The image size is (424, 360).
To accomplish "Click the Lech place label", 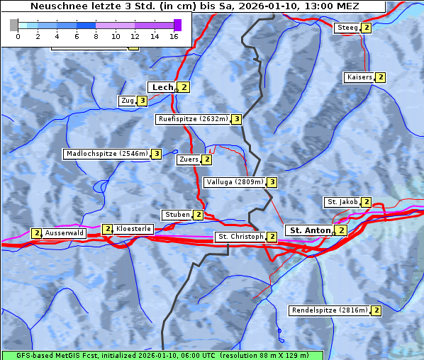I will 162,87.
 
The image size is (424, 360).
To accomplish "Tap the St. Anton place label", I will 310,230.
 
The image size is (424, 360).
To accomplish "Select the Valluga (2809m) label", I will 235,182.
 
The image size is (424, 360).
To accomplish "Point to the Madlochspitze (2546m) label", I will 106,154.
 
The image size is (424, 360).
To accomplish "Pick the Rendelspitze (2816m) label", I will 330,310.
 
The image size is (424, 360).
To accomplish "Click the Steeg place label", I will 347,28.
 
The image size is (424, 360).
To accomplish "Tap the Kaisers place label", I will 359,77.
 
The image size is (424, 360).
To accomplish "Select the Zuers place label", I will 188,159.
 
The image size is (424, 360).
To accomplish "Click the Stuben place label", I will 177,215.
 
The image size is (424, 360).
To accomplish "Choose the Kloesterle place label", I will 133,229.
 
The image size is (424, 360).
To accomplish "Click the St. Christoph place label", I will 240,237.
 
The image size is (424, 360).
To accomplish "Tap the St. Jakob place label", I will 342,202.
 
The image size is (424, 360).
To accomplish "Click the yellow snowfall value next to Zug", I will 142,101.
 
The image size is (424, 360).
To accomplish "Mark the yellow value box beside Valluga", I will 272,182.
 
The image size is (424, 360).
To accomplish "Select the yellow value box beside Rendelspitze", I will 376,310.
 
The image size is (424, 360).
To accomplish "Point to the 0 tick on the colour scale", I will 18,36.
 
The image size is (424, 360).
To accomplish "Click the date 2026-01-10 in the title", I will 263,6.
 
